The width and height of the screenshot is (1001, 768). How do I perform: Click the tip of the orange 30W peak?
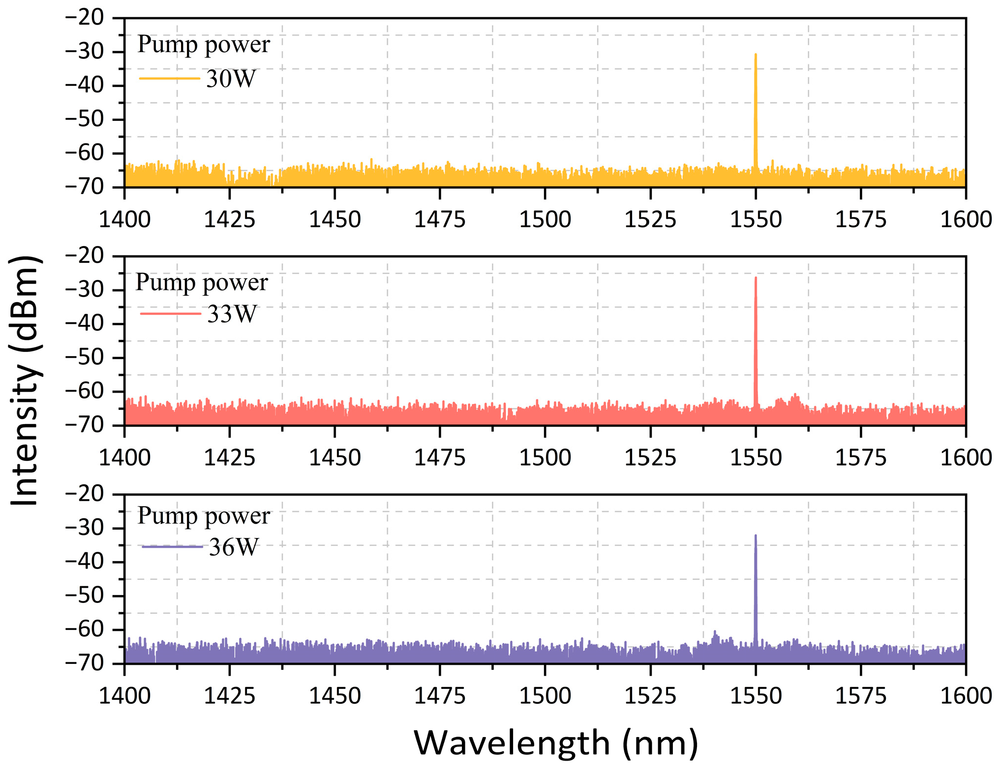(x=756, y=55)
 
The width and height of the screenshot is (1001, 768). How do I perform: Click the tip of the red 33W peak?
(x=756, y=278)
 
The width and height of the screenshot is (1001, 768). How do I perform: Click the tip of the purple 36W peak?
(x=756, y=536)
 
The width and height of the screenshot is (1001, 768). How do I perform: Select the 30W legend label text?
(x=231, y=79)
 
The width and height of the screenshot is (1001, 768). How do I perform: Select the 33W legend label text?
(x=232, y=314)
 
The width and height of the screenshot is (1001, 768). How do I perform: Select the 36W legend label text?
(x=233, y=547)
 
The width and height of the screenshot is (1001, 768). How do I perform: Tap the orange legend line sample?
(x=169, y=79)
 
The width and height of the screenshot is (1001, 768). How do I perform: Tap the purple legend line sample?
(x=172, y=547)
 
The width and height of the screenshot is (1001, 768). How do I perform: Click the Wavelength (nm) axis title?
(x=556, y=742)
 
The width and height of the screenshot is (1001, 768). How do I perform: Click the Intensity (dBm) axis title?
(x=25, y=381)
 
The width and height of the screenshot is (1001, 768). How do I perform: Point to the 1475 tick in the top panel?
(x=440, y=219)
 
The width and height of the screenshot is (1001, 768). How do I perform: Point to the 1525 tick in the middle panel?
(x=650, y=457)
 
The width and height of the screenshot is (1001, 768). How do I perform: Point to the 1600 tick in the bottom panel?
(x=966, y=696)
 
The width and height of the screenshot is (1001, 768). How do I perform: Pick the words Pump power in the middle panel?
(x=202, y=283)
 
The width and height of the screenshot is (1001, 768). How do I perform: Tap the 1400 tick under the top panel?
(x=124, y=219)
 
